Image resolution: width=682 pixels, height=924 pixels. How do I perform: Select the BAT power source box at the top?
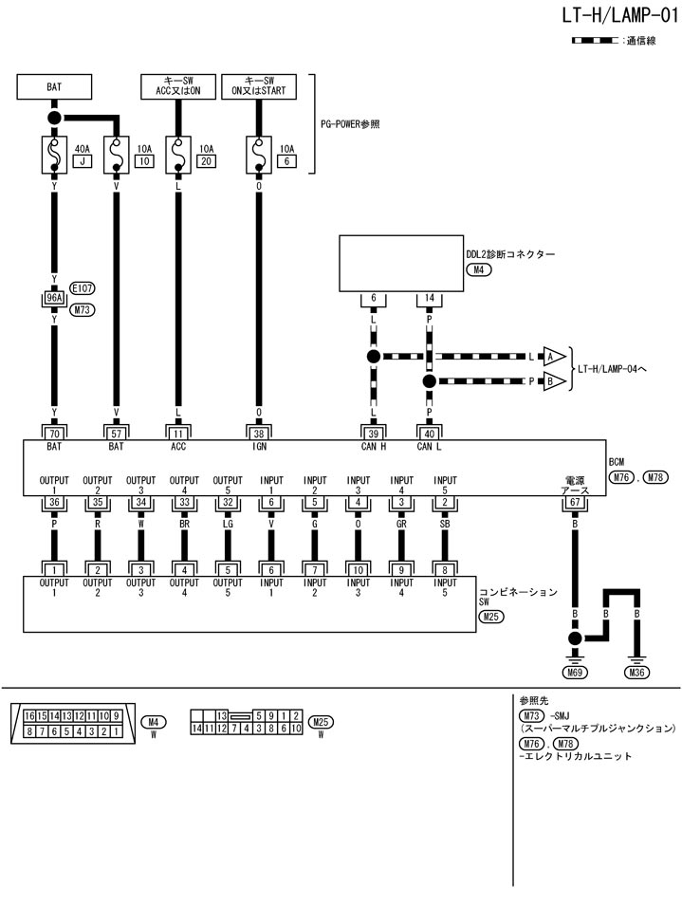coord(55,86)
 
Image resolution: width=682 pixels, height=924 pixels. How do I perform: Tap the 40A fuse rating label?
coord(83,148)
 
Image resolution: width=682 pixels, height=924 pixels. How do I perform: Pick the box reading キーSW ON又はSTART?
coord(259,86)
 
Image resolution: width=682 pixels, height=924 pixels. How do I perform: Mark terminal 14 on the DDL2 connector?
coord(429,298)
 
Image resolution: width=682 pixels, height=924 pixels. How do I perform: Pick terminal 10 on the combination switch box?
coord(359,569)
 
